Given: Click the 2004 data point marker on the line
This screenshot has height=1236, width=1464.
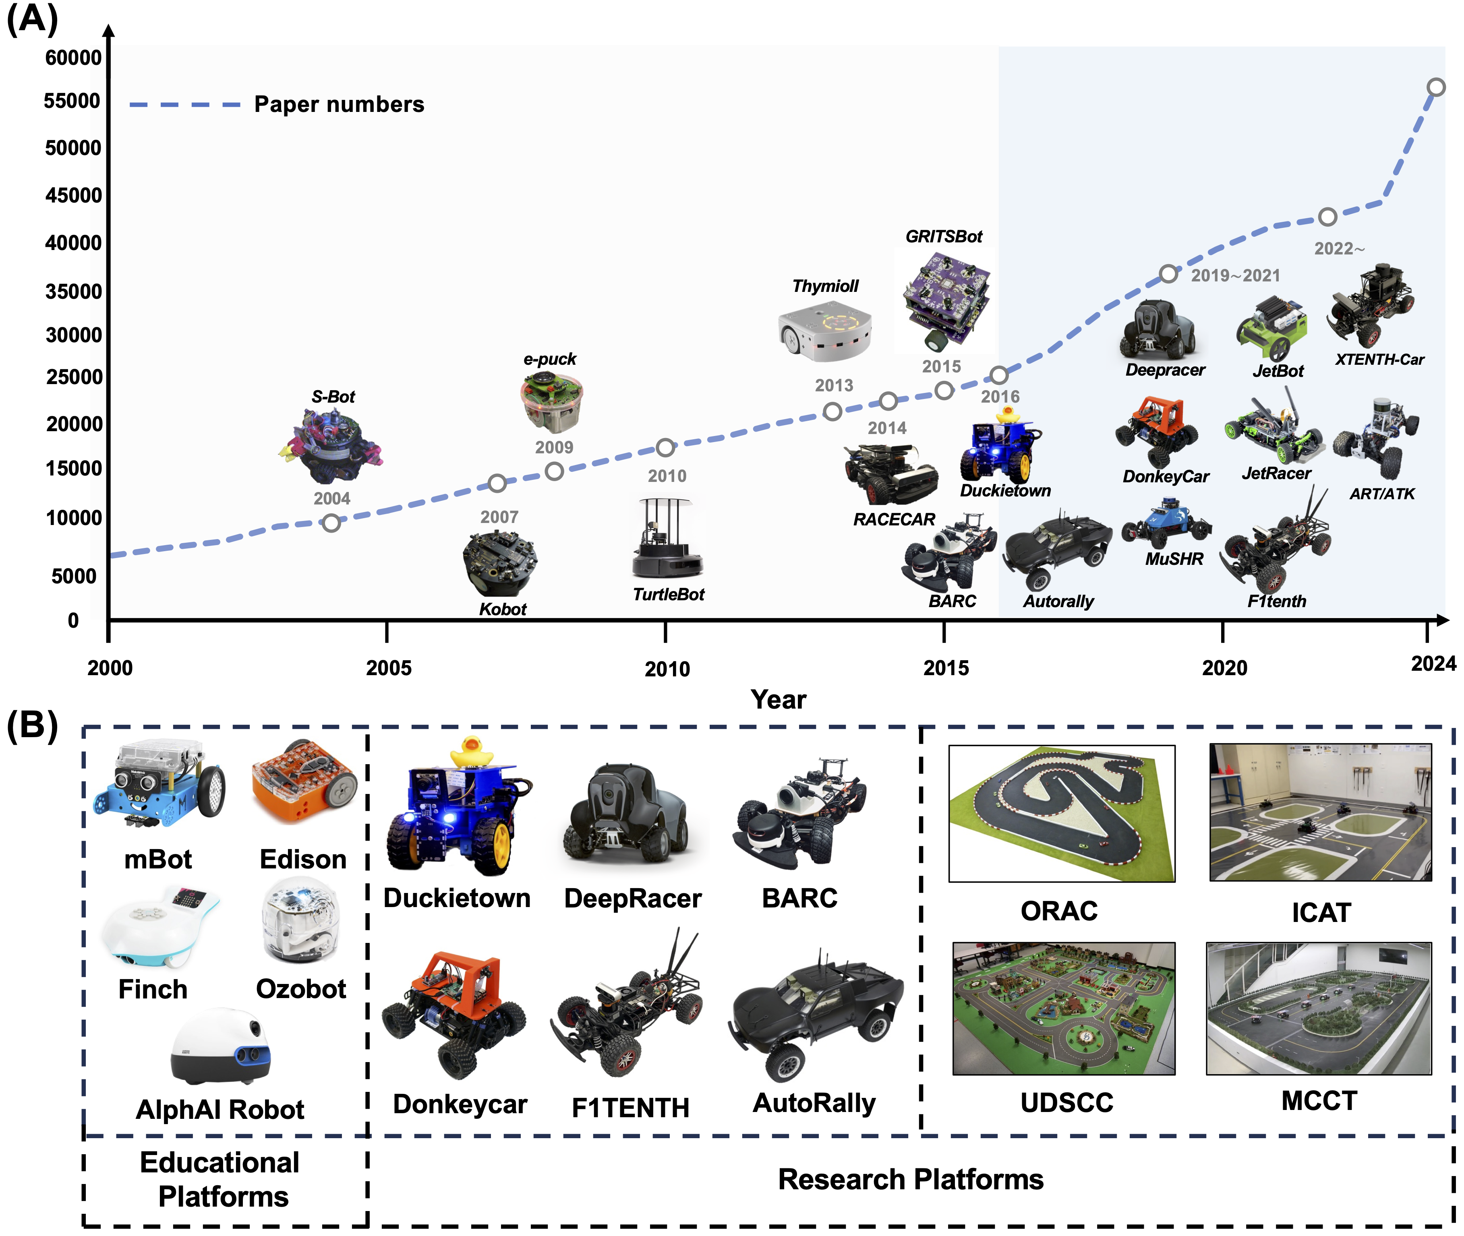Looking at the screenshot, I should (x=331, y=523).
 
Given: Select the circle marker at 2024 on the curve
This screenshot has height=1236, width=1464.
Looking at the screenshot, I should (x=1436, y=87).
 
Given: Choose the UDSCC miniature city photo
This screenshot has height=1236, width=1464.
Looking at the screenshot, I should (x=1063, y=1008).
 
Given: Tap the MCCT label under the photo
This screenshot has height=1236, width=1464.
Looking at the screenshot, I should (x=1319, y=1101).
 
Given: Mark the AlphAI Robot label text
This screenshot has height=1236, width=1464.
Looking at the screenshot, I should (x=220, y=1109).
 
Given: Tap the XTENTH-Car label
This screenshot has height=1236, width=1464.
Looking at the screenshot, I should (x=1379, y=360).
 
